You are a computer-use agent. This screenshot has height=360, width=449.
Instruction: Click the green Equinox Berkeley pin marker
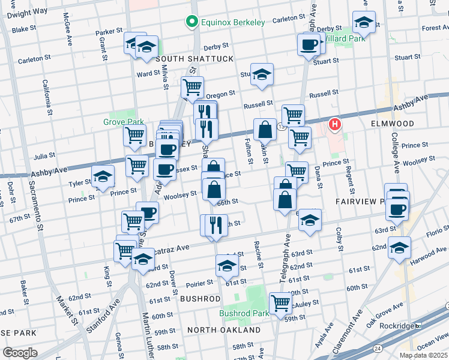[x=192, y=22]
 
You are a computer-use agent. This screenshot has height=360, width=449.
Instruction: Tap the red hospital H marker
[x=335, y=125]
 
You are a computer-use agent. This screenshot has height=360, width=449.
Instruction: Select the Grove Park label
[x=123, y=122]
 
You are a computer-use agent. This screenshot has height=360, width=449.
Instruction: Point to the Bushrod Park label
[x=244, y=313]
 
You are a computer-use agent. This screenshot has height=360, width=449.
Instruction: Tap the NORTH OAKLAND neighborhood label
[x=223, y=330]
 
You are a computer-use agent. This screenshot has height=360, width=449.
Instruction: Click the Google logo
[x=20, y=352]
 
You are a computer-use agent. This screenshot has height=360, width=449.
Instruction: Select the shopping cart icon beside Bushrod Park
[x=280, y=303]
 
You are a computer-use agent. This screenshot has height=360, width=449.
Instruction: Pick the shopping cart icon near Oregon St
[x=192, y=87]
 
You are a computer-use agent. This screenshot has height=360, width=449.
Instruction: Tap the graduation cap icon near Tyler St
[x=103, y=176]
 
